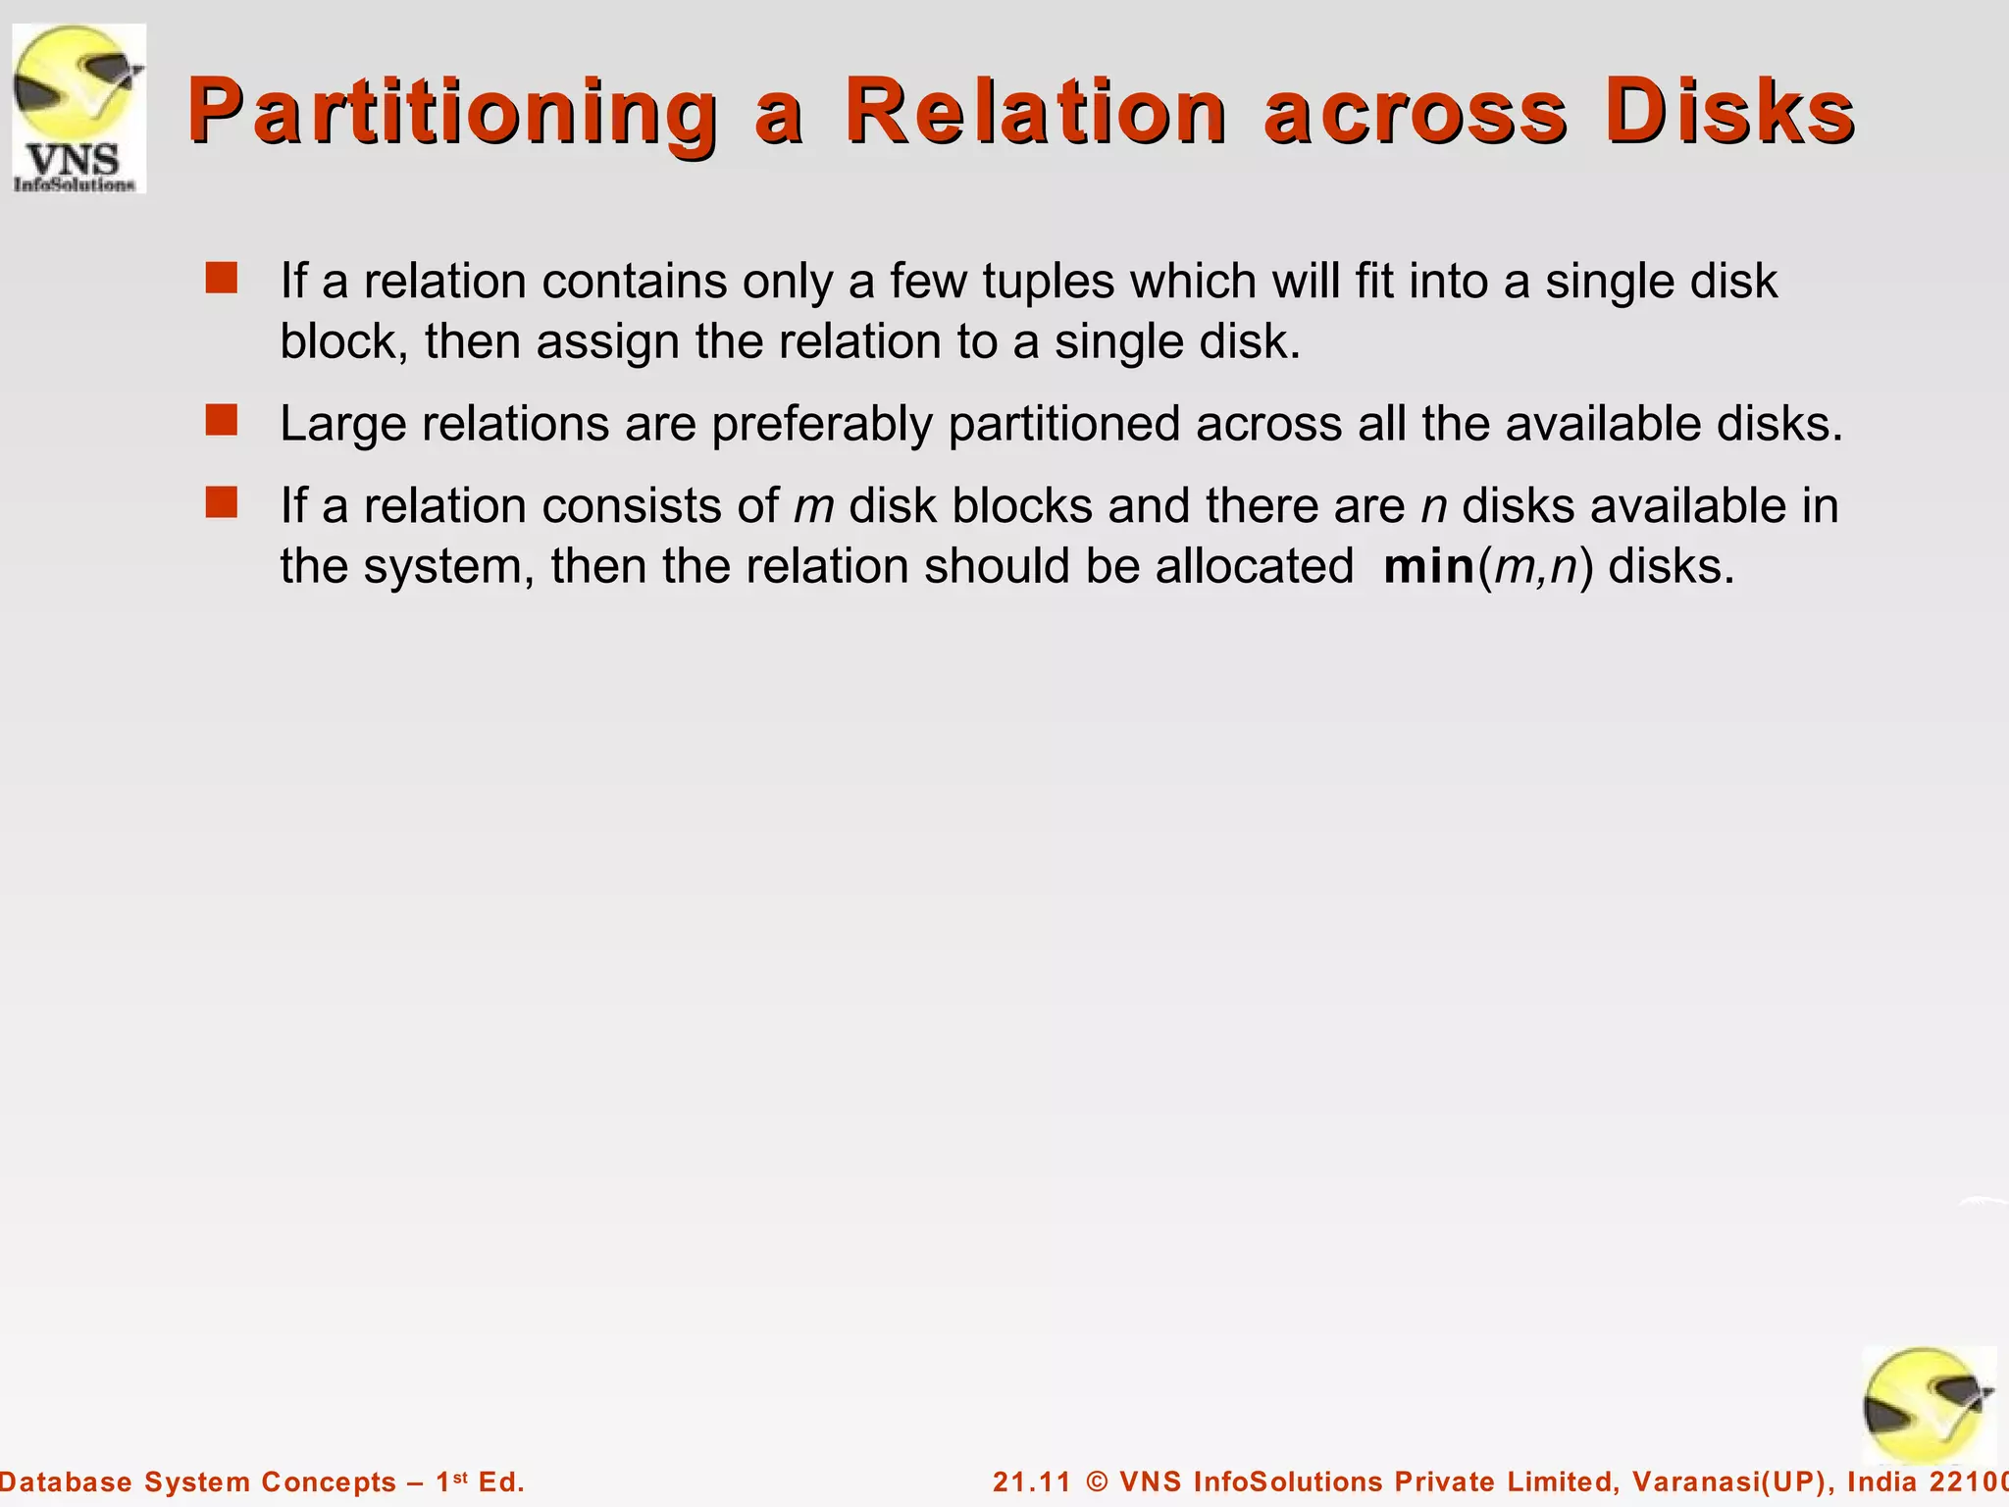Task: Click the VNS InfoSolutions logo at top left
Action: [x=78, y=108]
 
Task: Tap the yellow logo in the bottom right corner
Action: [x=1929, y=1405]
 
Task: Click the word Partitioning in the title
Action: [x=452, y=112]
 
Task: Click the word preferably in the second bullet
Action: [x=822, y=426]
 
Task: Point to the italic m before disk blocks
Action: [x=813, y=507]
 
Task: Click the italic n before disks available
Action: [x=1434, y=507]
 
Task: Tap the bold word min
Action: [x=1428, y=567]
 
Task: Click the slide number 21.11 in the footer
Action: [x=1030, y=1481]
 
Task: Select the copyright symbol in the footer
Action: [x=1098, y=1481]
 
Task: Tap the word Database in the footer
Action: [x=65, y=1481]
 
